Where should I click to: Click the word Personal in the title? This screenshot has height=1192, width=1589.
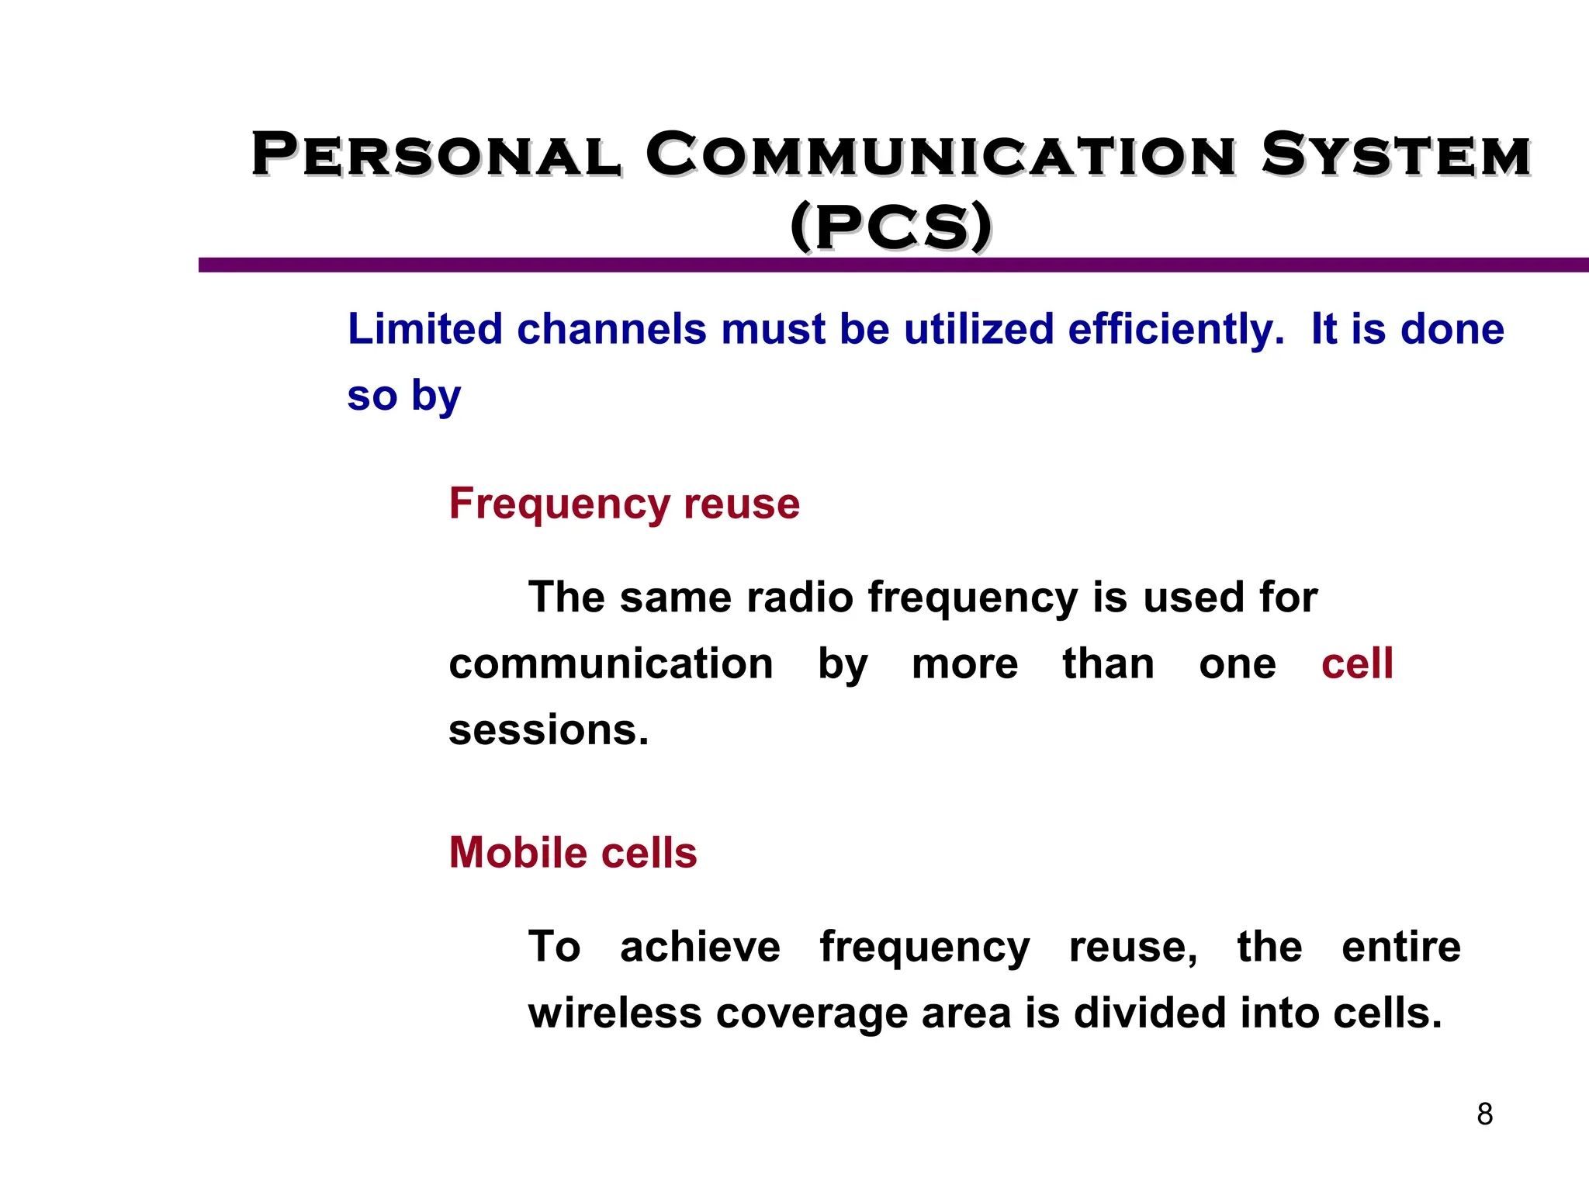(x=436, y=155)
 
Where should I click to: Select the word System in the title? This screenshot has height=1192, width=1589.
(x=1396, y=155)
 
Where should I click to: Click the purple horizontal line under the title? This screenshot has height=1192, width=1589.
(x=892, y=265)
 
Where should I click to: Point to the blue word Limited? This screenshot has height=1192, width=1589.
(x=425, y=329)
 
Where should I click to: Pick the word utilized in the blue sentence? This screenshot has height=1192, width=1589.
(x=978, y=329)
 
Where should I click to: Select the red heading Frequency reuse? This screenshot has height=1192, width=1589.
(x=625, y=504)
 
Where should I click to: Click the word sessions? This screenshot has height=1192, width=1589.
(x=549, y=730)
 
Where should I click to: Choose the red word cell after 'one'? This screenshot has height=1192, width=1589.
(x=1357, y=664)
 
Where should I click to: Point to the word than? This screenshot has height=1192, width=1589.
(x=1108, y=664)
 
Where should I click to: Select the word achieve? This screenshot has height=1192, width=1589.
(x=700, y=947)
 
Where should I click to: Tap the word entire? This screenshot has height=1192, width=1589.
(x=1400, y=947)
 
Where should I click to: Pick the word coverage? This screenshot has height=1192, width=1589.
(x=812, y=1014)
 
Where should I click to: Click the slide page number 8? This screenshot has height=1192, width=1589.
(x=1484, y=1114)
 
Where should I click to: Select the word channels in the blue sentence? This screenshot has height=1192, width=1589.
(x=611, y=329)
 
